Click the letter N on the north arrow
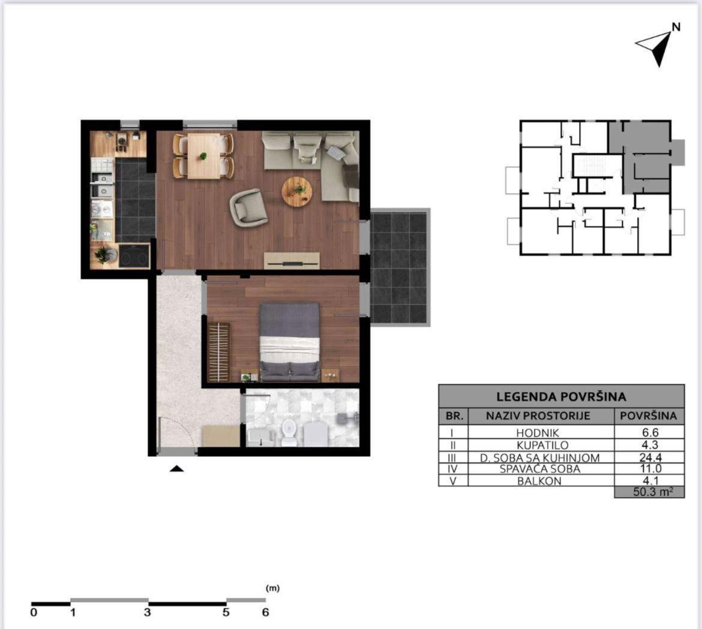(676, 28)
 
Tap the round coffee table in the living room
(297, 191)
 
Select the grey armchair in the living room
(248, 207)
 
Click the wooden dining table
(204, 156)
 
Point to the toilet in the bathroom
(289, 432)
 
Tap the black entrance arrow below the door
(177, 468)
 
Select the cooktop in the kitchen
(134, 257)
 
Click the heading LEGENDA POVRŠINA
(561, 396)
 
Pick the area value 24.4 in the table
(650, 458)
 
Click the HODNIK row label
(537, 432)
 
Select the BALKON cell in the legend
(539, 481)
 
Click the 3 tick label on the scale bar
(147, 612)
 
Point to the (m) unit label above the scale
(272, 588)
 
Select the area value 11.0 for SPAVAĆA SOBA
(650, 469)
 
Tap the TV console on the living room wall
(292, 261)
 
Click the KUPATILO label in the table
(542, 445)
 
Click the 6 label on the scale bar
(265, 612)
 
